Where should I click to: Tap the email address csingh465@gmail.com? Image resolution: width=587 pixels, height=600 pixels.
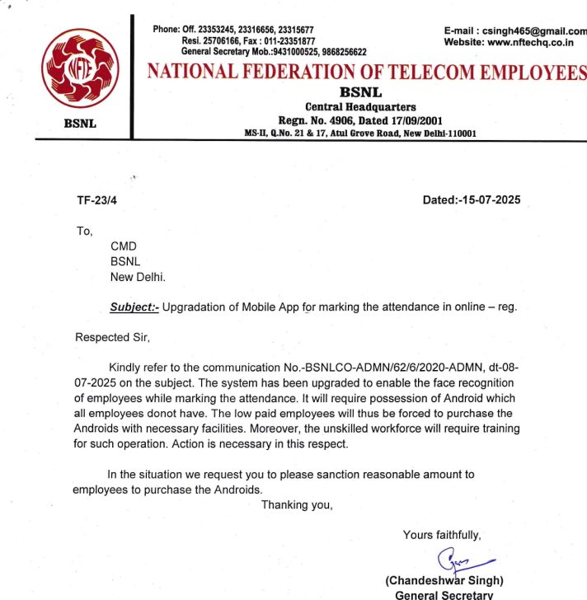(x=535, y=30)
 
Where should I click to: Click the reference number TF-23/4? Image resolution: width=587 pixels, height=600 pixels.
(x=96, y=199)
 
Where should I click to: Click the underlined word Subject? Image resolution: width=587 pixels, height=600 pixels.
(x=134, y=307)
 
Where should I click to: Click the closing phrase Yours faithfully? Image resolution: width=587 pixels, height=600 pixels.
(x=442, y=535)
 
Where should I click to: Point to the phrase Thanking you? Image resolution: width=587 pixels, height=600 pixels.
(x=297, y=504)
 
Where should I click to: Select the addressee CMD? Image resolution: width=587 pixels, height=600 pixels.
(x=124, y=246)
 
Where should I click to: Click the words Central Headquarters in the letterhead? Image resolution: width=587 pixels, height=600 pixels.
(x=360, y=106)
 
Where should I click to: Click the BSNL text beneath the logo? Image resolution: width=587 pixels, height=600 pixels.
(x=80, y=123)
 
